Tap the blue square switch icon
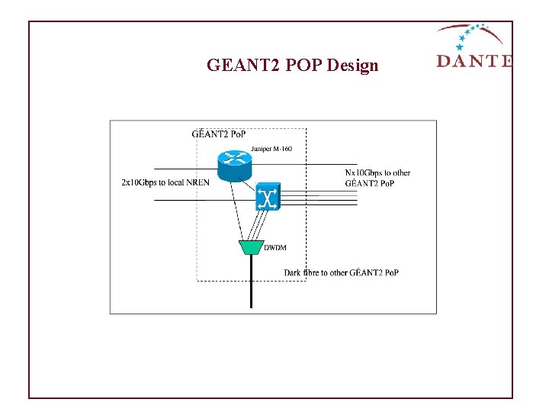(x=268, y=197)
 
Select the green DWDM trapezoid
(x=251, y=247)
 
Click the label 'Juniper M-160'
(x=271, y=149)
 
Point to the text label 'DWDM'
(x=275, y=247)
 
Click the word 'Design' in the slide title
(x=352, y=66)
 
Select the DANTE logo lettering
(x=474, y=61)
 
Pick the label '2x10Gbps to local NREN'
(x=165, y=182)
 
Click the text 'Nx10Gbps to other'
(x=377, y=172)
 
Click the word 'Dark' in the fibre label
(x=293, y=272)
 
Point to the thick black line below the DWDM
(x=251, y=282)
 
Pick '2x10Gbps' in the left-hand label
(x=138, y=182)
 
